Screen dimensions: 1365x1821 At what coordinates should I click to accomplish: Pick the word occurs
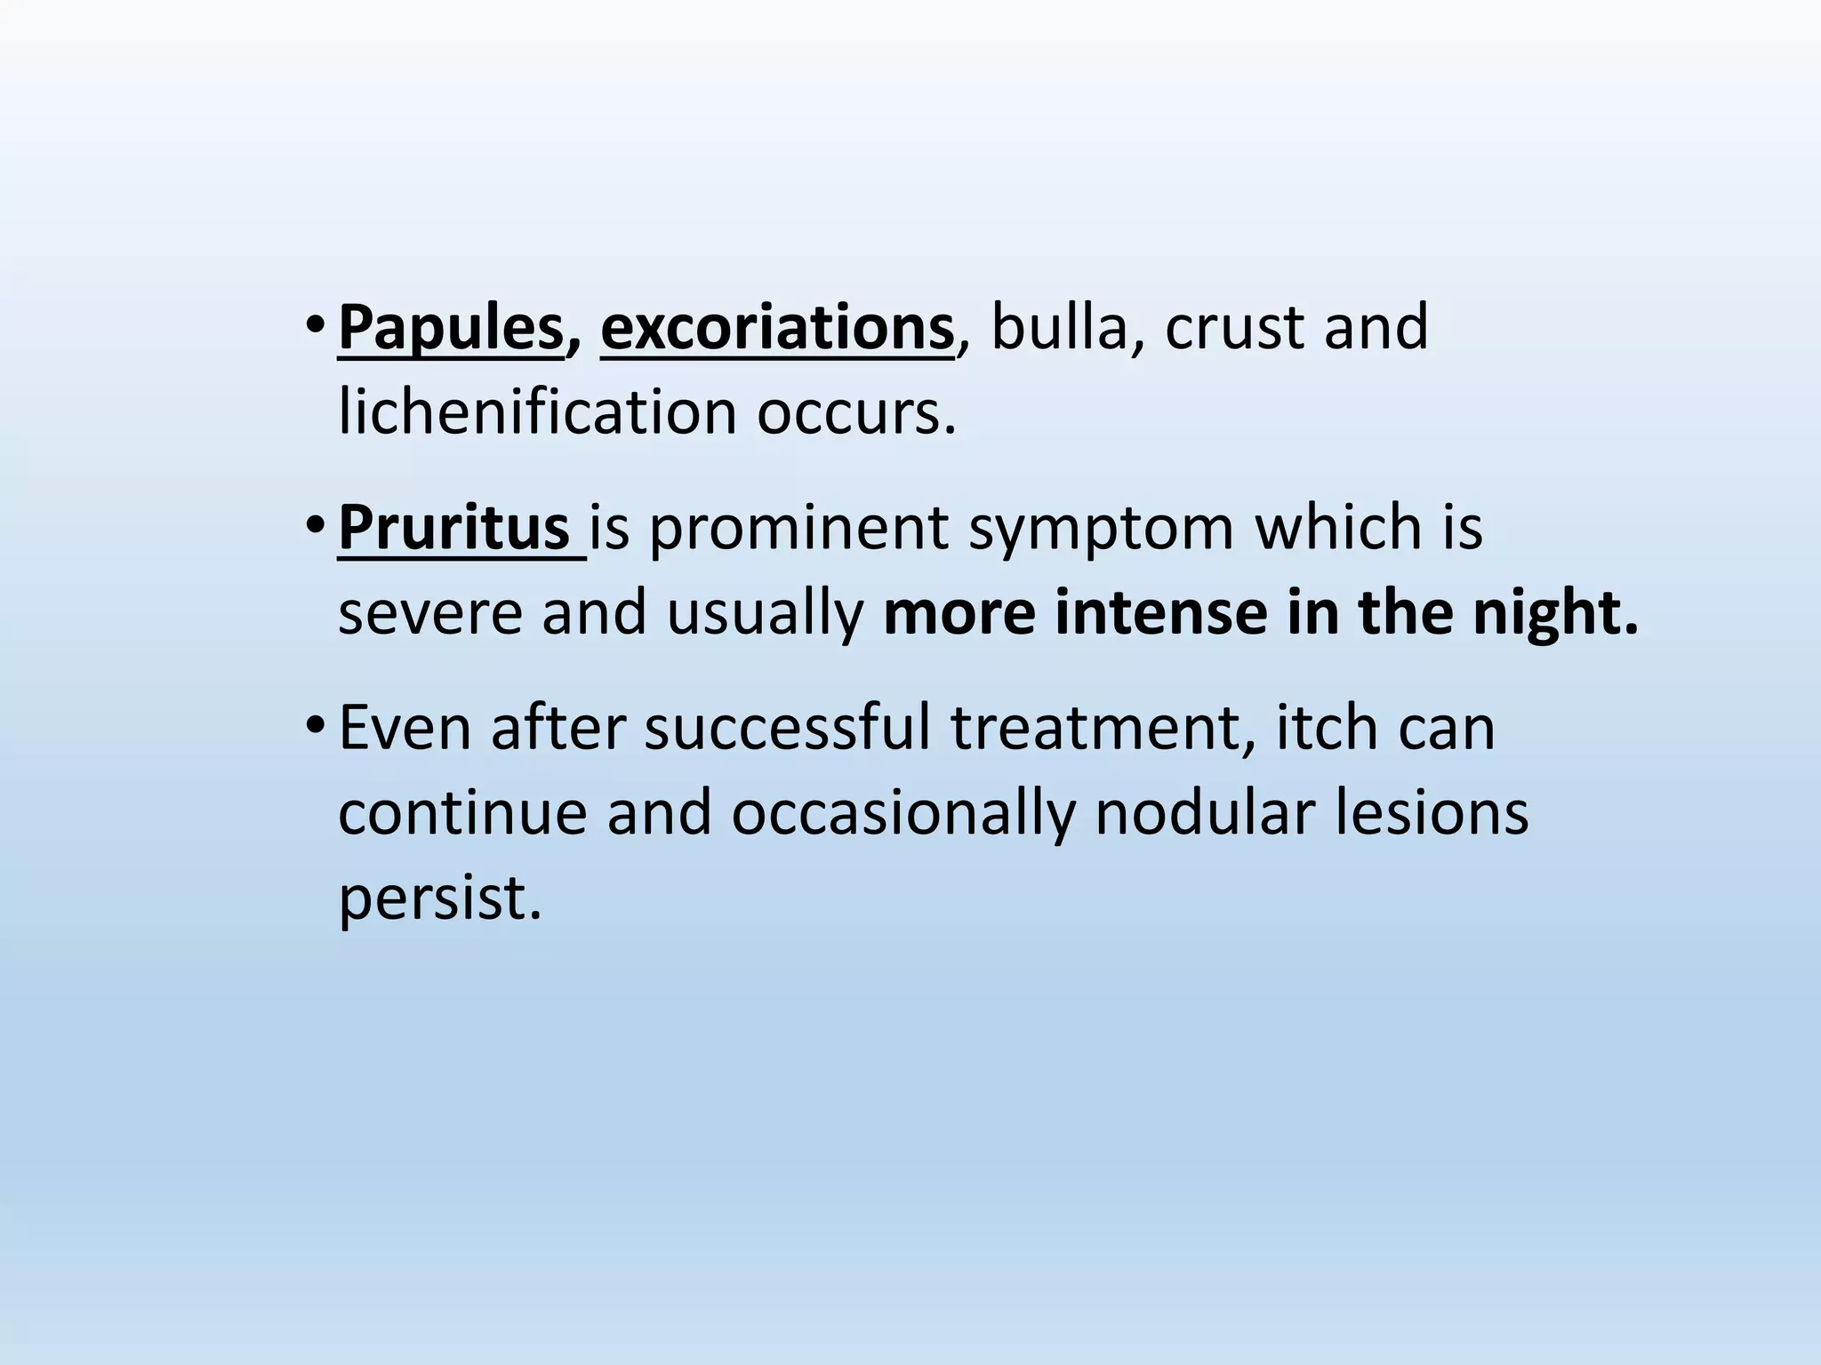(856, 414)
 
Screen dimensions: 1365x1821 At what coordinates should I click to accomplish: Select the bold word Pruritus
(453, 528)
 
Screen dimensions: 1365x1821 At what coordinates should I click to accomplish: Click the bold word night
(1555, 613)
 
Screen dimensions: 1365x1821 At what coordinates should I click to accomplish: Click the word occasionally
(903, 813)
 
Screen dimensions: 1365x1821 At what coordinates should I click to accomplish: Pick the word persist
(440, 898)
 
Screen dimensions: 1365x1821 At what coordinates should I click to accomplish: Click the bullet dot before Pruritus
(313, 526)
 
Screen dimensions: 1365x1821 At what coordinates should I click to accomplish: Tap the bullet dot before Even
(313, 727)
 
